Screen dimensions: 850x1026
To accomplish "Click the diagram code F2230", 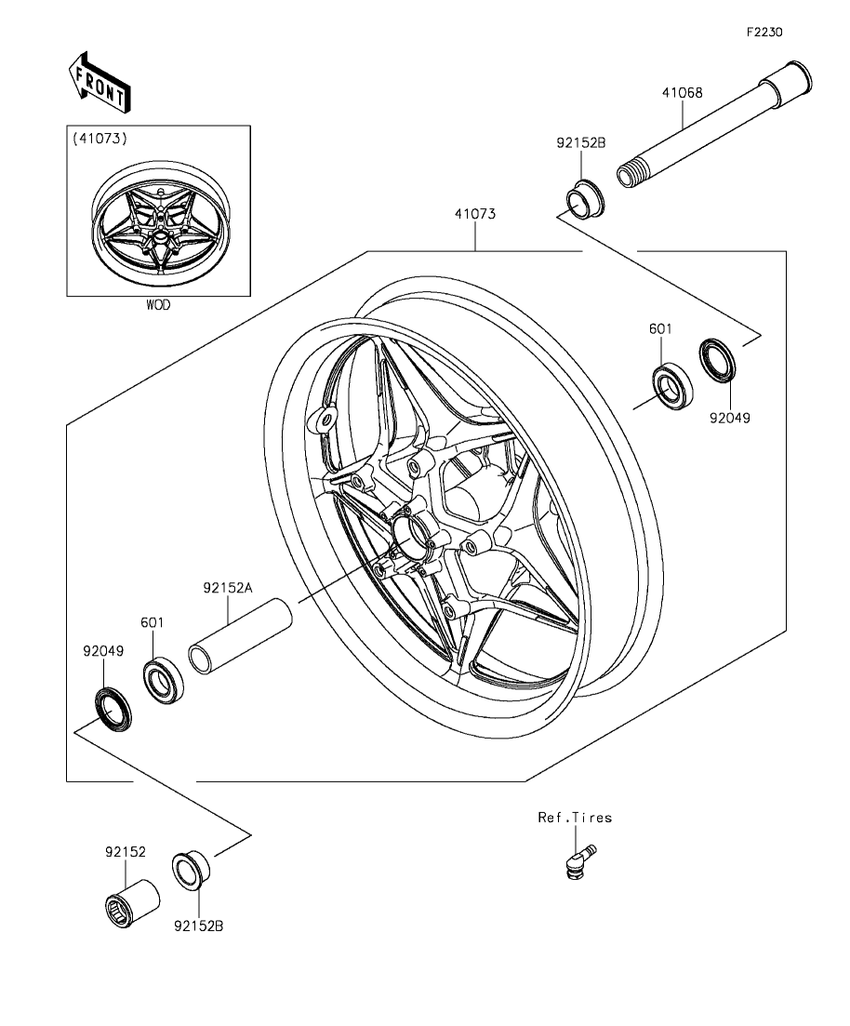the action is click(764, 32).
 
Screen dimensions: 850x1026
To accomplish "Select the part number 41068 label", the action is click(682, 92).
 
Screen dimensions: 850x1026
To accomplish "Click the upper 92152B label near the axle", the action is click(581, 142).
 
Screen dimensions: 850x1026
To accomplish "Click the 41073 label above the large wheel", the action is click(475, 214).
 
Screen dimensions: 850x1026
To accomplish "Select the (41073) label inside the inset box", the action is click(100, 138).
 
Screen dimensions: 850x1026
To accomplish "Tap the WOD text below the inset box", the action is click(158, 305).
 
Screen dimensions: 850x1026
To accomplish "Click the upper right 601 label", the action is click(660, 329).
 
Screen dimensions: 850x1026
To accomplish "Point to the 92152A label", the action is click(227, 588).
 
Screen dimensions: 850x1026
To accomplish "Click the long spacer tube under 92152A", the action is click(240, 635).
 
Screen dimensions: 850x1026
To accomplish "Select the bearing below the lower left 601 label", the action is click(163, 683).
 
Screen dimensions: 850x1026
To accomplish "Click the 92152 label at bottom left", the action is click(126, 852).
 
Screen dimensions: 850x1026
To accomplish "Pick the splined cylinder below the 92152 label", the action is click(133, 902).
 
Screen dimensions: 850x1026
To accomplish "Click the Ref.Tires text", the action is click(575, 818).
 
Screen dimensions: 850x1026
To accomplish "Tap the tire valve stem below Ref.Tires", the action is click(579, 861).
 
